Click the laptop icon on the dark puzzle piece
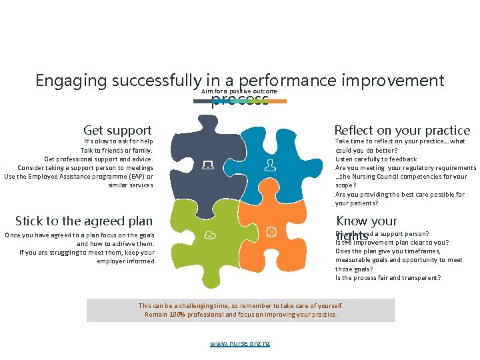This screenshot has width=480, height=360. (x=208, y=165)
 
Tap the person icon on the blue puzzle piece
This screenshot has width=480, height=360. (x=269, y=164)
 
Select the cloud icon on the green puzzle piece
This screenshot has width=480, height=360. (x=209, y=234)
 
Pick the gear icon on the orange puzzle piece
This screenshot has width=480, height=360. (x=271, y=231)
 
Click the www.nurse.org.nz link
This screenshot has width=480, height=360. (x=240, y=343)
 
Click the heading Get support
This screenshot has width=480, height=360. (x=117, y=130)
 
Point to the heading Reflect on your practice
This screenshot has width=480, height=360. (x=401, y=130)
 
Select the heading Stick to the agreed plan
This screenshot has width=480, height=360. (x=84, y=221)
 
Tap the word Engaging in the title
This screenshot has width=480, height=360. (x=71, y=81)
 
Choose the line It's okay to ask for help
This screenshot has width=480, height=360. (x=119, y=141)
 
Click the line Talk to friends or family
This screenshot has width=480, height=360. (x=117, y=150)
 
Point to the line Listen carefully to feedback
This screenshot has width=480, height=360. (x=376, y=159)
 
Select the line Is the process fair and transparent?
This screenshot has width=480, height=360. (x=387, y=278)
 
